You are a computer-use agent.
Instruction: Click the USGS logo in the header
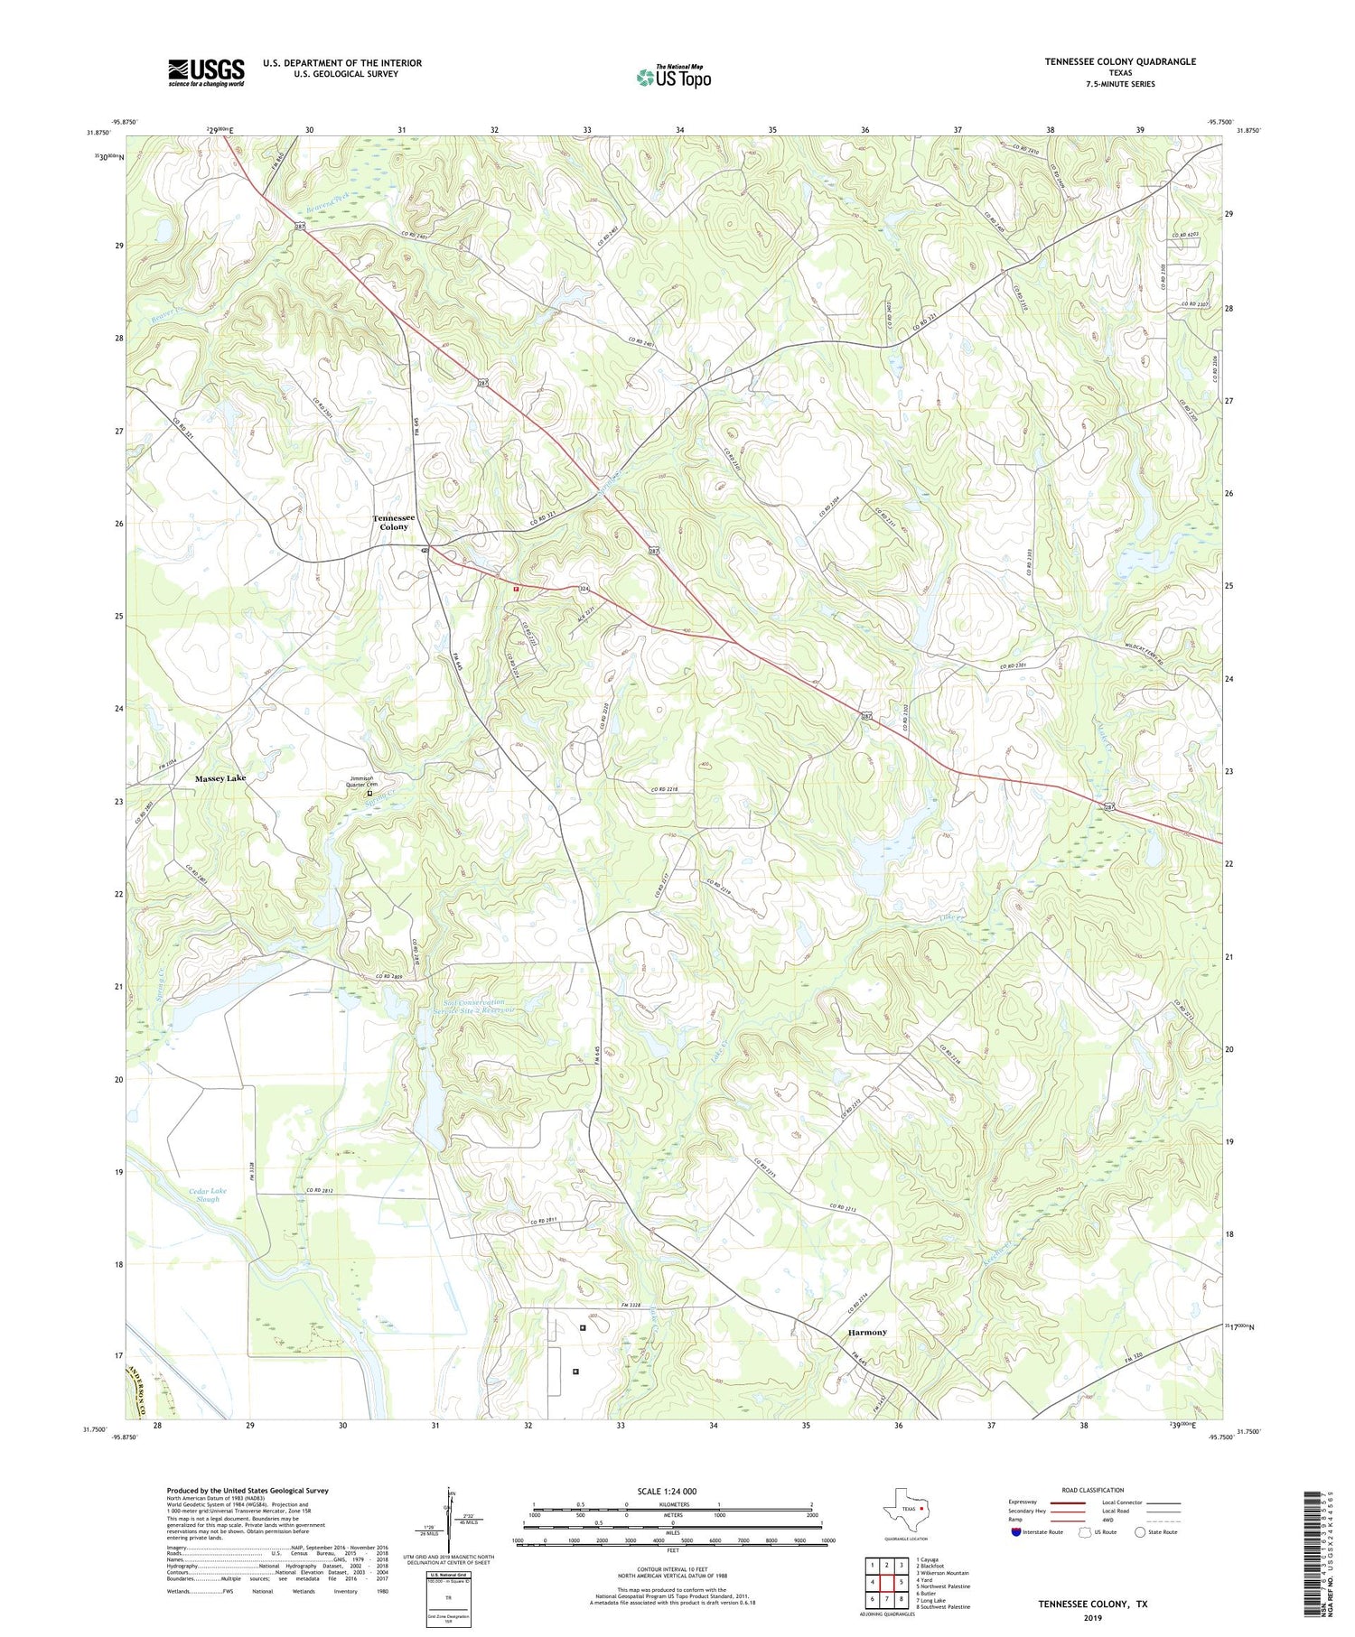(x=206, y=72)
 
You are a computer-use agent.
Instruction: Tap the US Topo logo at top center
(x=673, y=77)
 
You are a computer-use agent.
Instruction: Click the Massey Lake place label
(x=220, y=777)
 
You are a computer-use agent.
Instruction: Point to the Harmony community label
(x=867, y=1332)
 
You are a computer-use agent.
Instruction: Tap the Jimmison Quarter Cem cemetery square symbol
(x=369, y=794)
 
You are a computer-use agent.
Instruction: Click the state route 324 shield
(x=584, y=589)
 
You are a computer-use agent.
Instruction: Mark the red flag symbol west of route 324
(x=516, y=588)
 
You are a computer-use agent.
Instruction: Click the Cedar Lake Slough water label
(x=208, y=1195)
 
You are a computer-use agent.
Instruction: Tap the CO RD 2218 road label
(x=664, y=790)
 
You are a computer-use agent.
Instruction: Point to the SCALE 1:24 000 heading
(x=672, y=1491)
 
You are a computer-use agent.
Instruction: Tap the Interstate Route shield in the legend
(x=1017, y=1531)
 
